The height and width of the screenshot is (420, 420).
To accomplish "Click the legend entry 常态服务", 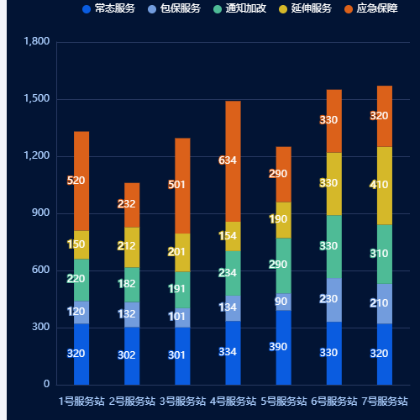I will click(x=108, y=8).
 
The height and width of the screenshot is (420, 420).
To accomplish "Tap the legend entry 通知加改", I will click(x=239, y=8).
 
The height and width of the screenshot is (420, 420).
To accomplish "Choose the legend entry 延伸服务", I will click(x=305, y=8).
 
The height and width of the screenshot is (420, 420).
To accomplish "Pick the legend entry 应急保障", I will click(x=370, y=8).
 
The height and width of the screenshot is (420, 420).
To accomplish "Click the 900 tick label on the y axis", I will click(x=39, y=213).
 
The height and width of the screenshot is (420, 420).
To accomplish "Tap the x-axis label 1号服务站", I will click(x=81, y=401).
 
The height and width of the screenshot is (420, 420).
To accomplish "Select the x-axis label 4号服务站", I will click(x=233, y=401).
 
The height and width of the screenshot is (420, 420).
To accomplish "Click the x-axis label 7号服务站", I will click(x=385, y=401).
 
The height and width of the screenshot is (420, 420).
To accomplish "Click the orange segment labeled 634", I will click(x=233, y=160).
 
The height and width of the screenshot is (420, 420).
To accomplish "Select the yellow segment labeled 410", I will click(x=385, y=185).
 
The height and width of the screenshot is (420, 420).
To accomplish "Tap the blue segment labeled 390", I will click(x=283, y=347).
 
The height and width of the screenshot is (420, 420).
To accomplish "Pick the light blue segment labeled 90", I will click(x=283, y=302).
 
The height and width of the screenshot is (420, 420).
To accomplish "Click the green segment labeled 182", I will click(x=132, y=284).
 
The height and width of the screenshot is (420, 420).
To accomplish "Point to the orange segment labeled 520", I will click(x=81, y=181).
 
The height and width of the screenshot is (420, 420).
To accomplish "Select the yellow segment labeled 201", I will click(x=182, y=252).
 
